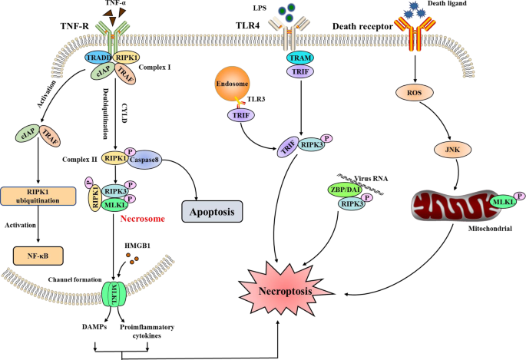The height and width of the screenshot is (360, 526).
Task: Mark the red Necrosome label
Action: click(x=143, y=218)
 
